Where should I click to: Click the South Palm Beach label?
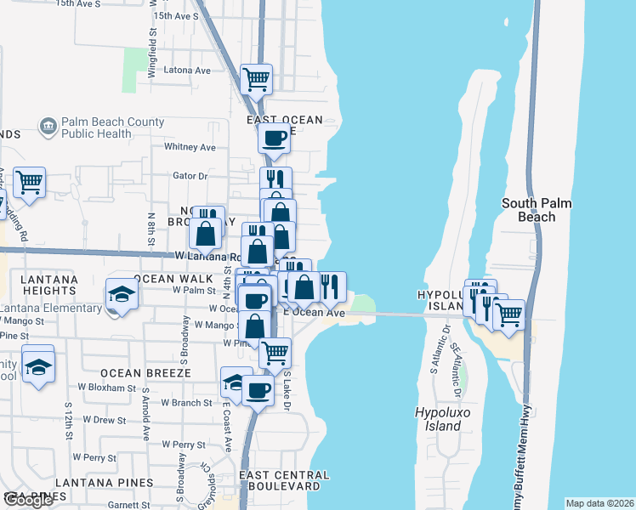click(536, 210)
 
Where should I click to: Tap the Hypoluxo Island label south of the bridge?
click(438, 418)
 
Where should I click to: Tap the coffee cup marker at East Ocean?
click(274, 137)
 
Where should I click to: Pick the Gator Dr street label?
click(190, 176)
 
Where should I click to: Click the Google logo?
click(28, 500)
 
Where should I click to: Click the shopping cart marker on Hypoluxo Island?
click(508, 314)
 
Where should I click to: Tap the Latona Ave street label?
click(186, 70)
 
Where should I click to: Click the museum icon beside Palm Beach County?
click(48, 127)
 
